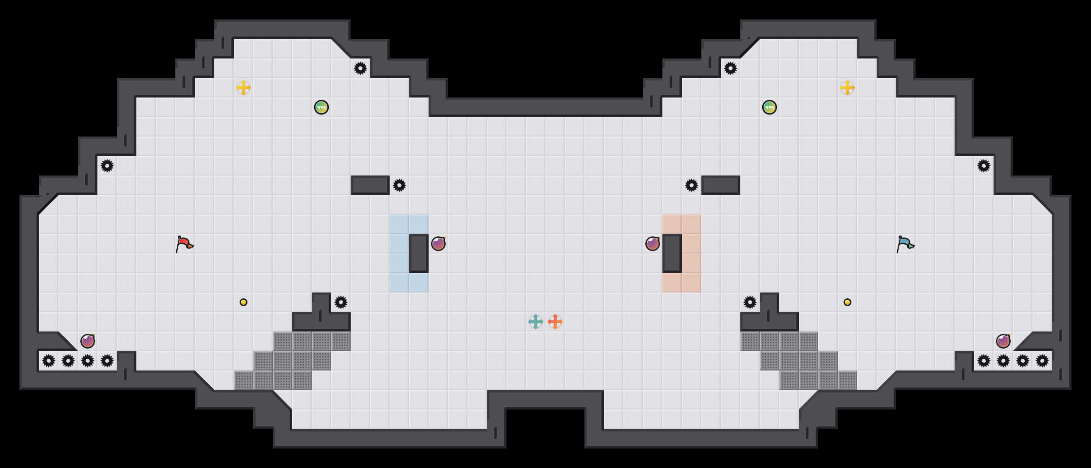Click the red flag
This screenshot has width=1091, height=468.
point(184,244)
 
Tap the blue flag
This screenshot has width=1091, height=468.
point(905,244)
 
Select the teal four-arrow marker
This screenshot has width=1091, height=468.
point(536,322)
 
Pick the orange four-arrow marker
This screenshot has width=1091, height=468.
point(555,322)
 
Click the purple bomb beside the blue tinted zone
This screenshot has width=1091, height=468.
point(438,244)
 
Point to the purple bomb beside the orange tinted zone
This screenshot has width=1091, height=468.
point(653,244)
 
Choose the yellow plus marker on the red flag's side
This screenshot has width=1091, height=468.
point(244,88)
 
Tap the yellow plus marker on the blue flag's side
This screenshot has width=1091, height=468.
point(847,88)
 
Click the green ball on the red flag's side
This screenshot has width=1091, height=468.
point(321,107)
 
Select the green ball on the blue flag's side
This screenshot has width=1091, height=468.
point(770,107)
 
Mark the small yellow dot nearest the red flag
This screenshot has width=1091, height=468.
point(244,302)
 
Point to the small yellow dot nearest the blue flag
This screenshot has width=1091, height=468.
point(847,302)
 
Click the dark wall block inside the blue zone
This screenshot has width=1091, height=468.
point(419,253)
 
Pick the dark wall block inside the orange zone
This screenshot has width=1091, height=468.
point(672,253)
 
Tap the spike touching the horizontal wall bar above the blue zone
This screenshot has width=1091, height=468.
point(399,185)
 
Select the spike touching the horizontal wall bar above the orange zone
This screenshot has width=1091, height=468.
point(692,185)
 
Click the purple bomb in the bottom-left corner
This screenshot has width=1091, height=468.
point(88,341)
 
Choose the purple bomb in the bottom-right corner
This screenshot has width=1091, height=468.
point(1003,341)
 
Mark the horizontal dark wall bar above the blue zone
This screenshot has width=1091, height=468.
point(370,185)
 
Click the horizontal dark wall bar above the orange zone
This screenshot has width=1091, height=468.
point(721,185)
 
